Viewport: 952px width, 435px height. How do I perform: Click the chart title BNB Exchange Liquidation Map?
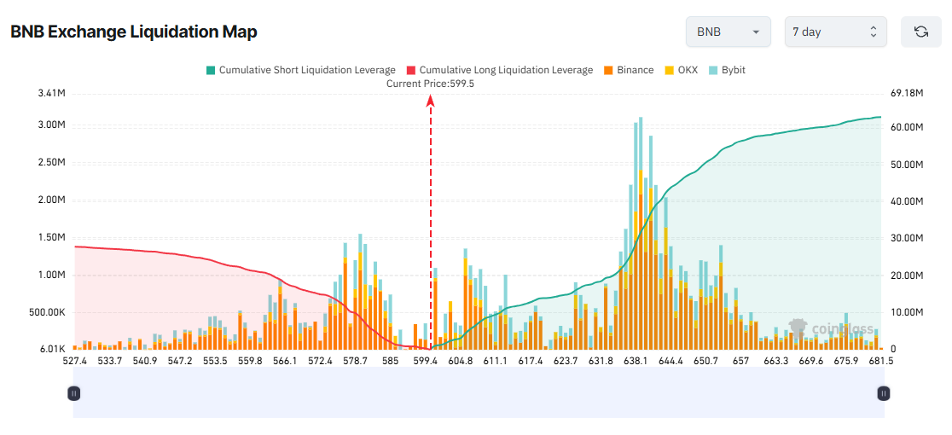click(x=134, y=32)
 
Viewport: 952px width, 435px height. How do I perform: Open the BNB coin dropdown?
click(x=728, y=32)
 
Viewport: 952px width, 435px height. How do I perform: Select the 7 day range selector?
click(x=834, y=32)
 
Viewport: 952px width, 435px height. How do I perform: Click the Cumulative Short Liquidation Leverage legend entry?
click(x=300, y=70)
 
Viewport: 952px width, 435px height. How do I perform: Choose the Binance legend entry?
click(x=629, y=70)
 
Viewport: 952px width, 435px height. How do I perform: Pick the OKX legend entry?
click(x=681, y=70)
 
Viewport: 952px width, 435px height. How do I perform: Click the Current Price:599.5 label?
click(x=430, y=84)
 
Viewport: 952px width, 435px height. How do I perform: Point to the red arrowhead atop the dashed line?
click(x=431, y=101)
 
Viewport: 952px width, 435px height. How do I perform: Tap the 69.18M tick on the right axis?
click(x=907, y=93)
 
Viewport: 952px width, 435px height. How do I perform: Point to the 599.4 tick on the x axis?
click(x=425, y=362)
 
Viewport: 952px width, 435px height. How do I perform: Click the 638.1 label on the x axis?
click(x=636, y=362)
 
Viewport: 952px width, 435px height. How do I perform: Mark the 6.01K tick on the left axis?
click(x=52, y=350)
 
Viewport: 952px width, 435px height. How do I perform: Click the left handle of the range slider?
click(x=74, y=393)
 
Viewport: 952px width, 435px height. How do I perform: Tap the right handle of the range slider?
click(x=884, y=393)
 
